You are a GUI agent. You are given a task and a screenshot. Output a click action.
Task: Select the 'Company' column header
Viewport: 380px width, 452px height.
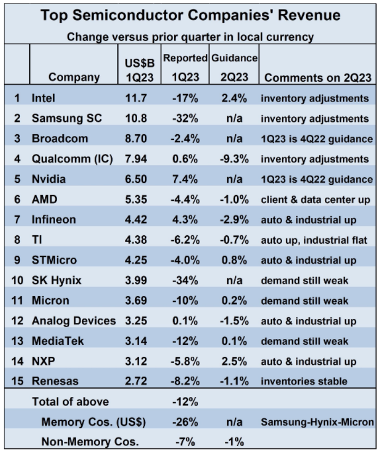74,77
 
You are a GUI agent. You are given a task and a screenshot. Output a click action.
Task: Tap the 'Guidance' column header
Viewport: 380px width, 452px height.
234,57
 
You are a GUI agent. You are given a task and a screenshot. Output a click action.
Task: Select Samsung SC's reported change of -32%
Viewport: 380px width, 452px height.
185,118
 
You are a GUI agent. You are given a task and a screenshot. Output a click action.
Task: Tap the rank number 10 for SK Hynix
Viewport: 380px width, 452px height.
17,280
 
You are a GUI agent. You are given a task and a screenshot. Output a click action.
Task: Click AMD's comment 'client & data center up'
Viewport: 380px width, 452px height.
315,199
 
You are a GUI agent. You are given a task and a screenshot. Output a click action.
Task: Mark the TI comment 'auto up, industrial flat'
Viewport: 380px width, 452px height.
315,239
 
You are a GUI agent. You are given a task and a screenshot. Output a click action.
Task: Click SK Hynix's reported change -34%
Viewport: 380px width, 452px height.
185,280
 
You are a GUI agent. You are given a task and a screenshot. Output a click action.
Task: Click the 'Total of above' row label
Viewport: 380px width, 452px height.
70,401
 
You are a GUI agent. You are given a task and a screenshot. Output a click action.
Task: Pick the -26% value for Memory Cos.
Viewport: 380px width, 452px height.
185,422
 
